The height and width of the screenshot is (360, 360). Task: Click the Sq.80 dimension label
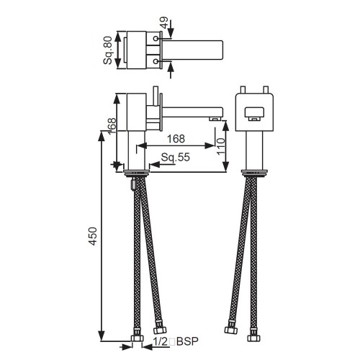[108, 50]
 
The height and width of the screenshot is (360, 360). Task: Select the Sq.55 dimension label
[176, 157]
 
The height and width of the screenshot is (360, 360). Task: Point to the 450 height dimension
[92, 236]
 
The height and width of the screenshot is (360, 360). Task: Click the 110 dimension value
[221, 146]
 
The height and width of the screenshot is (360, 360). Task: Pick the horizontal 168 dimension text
[176, 139]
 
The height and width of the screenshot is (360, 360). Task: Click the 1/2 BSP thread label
[176, 341]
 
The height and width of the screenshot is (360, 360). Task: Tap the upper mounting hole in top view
[156, 39]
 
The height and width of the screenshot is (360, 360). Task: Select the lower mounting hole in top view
[156, 62]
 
